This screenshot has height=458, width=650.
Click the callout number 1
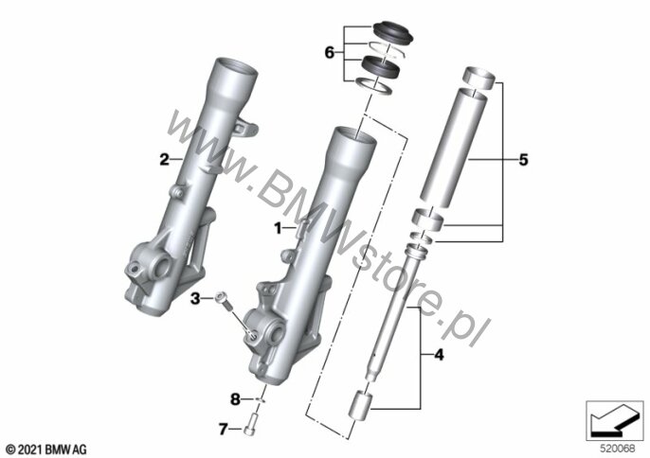point(279,228)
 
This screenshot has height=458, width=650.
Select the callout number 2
point(165,159)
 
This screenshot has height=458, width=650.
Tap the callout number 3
point(195,298)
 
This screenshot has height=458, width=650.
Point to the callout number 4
point(439,355)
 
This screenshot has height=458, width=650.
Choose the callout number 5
point(524,160)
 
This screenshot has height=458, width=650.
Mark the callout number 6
point(329,53)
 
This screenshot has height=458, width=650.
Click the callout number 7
point(223,430)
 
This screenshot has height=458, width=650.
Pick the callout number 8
point(235,399)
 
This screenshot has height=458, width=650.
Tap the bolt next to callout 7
point(251,426)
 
